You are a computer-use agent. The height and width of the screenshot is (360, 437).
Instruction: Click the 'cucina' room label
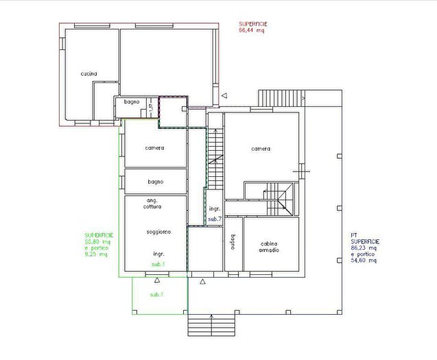pyautogui.click(x=88, y=73)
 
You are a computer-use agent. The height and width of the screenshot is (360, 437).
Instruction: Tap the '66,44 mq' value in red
pyautogui.click(x=250, y=31)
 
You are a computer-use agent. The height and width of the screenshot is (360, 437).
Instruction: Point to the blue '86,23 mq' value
pyautogui.click(x=364, y=248)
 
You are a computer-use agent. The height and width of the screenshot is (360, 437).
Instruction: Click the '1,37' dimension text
pyautogui.click(x=151, y=107)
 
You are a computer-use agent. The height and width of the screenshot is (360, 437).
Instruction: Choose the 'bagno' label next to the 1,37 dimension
pyautogui.click(x=132, y=102)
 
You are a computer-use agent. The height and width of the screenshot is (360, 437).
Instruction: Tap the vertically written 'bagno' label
pyautogui.click(x=233, y=243)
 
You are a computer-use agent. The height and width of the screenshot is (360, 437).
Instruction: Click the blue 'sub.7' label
pyautogui.click(x=215, y=219)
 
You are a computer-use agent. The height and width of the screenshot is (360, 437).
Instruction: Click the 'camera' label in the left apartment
pyautogui.click(x=154, y=148)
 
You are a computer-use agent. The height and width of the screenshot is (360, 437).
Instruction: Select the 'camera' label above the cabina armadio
pyautogui.click(x=260, y=149)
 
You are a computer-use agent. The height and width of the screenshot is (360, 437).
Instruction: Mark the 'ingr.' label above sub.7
pyautogui.click(x=214, y=208)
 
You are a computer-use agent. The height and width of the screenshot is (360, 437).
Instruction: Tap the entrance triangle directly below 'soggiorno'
pyautogui.click(x=157, y=280)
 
